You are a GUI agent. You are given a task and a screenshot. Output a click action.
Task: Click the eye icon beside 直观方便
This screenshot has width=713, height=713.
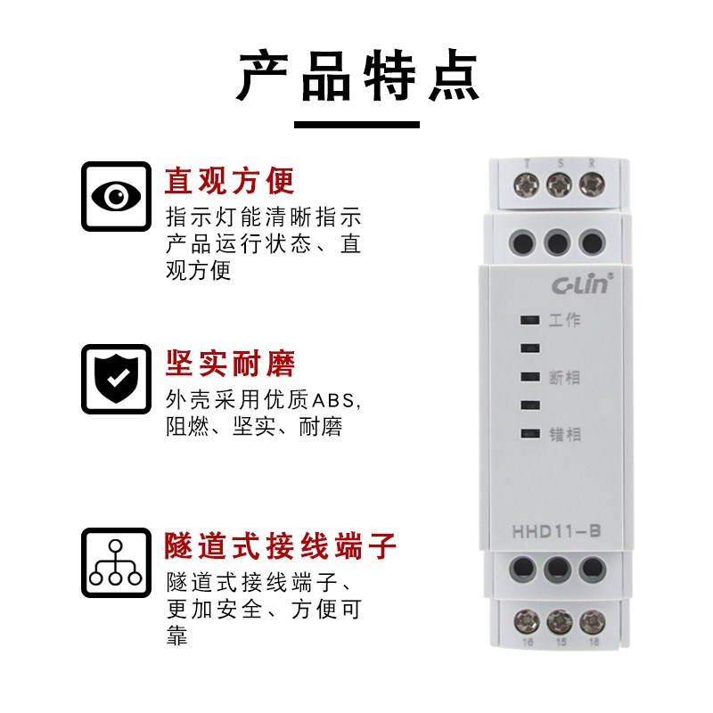click(116, 196)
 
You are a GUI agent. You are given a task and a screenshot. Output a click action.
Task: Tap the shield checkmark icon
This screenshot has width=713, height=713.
click(116, 378)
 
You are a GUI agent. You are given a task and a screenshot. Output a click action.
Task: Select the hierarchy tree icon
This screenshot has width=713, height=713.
click(116, 562)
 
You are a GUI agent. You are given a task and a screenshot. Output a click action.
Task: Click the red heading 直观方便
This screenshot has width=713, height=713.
click(229, 181)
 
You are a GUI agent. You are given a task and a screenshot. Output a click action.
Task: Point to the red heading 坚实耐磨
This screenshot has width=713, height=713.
click(229, 363)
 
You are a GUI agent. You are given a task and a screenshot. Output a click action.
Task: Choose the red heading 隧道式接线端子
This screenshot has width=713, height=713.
click(280, 545)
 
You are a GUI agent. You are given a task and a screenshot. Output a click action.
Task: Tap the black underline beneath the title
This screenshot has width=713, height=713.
click(356, 124)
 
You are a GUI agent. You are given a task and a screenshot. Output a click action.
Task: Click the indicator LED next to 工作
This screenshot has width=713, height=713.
click(529, 320)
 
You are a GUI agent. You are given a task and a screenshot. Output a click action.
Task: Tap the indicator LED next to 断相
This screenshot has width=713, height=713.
click(529, 377)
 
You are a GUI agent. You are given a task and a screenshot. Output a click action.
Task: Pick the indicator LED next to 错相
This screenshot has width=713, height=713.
click(529, 434)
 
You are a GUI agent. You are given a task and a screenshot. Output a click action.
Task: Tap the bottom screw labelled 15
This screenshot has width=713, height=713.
click(559, 620)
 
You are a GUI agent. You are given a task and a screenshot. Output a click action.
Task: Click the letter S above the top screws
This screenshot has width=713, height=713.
click(559, 163)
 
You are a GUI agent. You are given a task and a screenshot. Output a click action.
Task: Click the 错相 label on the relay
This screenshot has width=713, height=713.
click(565, 434)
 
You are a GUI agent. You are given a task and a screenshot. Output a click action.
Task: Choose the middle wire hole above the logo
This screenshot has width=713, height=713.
click(559, 241)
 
